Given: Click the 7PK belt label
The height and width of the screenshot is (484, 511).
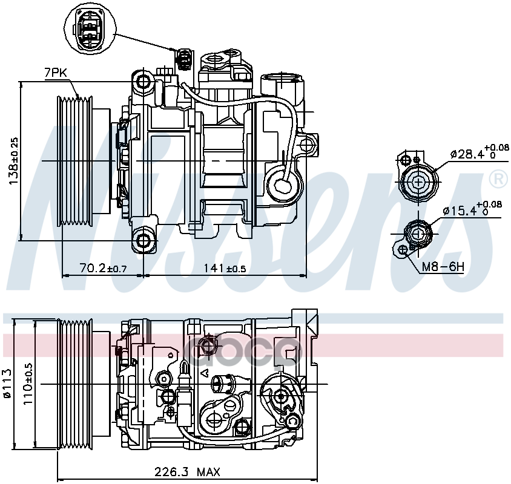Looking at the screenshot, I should [x=56, y=73].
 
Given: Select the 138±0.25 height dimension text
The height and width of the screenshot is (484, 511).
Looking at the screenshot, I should [x=13, y=161].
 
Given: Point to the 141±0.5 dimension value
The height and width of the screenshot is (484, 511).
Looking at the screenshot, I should [x=224, y=268].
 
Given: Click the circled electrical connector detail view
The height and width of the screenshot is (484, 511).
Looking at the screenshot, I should [x=88, y=27].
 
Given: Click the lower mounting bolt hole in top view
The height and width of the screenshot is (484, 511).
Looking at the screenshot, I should [x=144, y=241].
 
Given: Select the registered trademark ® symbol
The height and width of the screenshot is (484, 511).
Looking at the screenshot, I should [x=497, y=178].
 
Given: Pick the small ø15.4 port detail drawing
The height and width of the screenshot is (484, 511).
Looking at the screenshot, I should [x=417, y=233].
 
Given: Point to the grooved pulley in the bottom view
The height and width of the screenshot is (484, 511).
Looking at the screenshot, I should [x=74, y=384].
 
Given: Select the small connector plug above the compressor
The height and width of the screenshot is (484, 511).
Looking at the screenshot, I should [x=182, y=59].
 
